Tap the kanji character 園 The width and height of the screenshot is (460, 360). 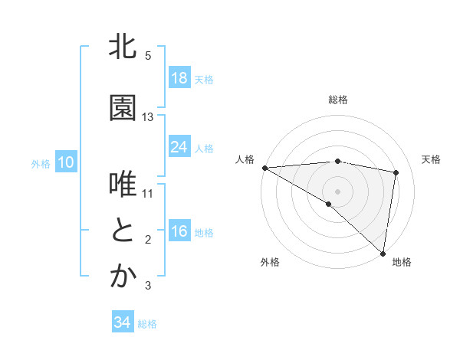(123, 109)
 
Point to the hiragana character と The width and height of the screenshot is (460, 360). (123, 231)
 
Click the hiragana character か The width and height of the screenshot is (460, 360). (123, 277)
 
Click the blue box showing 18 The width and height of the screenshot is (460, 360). (179, 78)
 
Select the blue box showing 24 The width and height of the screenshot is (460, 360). (179, 147)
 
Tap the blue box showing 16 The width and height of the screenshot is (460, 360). (179, 231)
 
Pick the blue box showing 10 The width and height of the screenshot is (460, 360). (65, 162)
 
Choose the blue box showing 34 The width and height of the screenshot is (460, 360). (123, 322)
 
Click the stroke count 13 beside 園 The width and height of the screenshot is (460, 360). (148, 117)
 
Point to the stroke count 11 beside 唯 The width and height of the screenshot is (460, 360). (148, 194)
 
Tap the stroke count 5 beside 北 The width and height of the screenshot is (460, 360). (148, 56)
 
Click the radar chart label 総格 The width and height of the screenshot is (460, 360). (337, 100)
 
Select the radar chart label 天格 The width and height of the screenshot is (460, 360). (431, 159)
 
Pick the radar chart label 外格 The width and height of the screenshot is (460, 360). (270, 262)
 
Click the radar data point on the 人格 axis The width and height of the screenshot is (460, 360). (264, 168)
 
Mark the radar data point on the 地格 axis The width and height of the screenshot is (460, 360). (383, 253)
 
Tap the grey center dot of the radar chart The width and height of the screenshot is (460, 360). (337, 190)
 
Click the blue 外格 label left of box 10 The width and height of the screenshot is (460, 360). (41, 163)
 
